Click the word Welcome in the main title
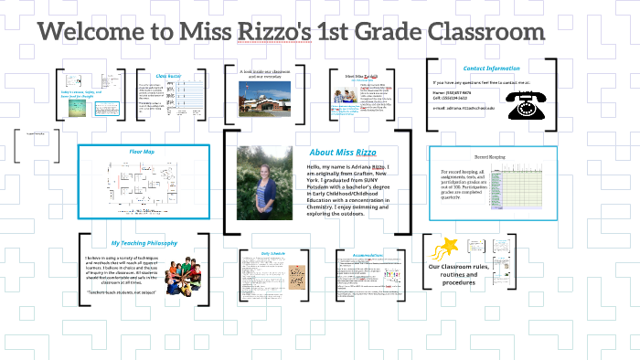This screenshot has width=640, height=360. click(100, 32)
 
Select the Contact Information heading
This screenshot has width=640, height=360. click(491, 69)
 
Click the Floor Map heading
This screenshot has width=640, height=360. click(141, 151)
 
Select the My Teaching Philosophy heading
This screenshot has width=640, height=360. click(143, 243)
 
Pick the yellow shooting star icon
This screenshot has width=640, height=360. click(447, 248)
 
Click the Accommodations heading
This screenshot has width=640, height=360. click(365, 254)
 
